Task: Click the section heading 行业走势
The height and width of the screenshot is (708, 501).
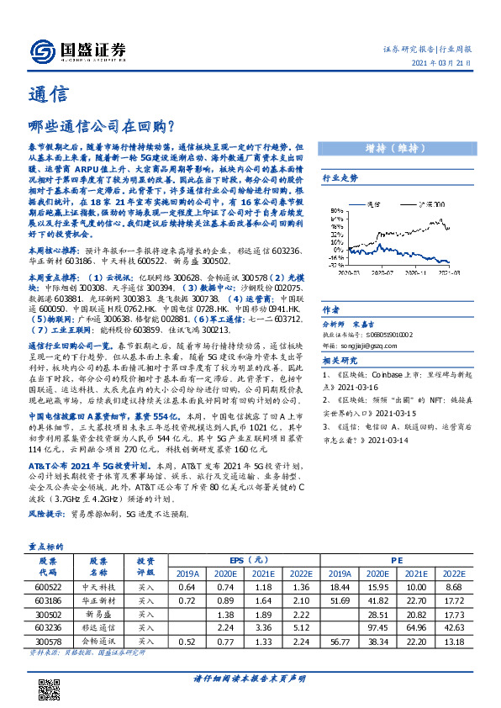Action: (340, 179)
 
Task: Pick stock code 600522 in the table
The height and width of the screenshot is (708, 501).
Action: (47, 586)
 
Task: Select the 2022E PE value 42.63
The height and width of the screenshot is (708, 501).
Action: (476, 626)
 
